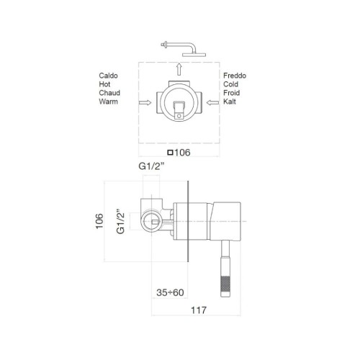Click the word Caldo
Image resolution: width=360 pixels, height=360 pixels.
click(x=110, y=74)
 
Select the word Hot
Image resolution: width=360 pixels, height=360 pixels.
click(x=105, y=84)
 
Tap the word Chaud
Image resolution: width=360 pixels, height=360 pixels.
click(x=111, y=93)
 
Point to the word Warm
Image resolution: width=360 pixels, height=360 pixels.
click(x=109, y=102)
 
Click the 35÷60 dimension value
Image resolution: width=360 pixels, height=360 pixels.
click(x=171, y=292)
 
